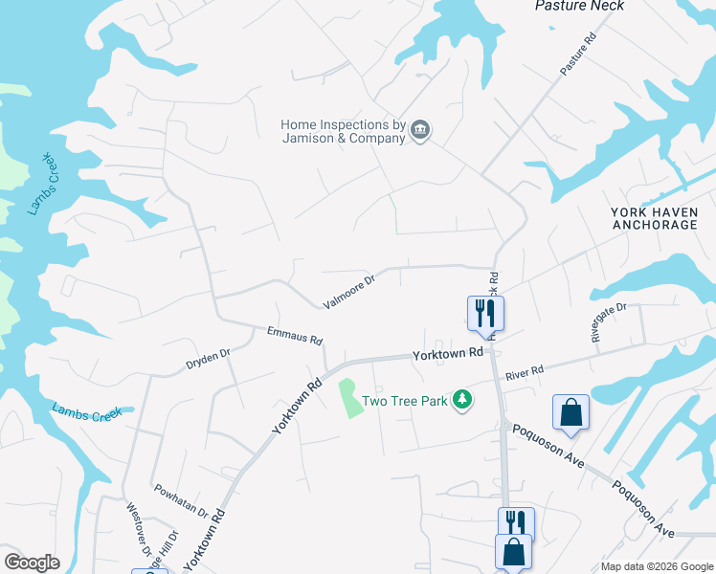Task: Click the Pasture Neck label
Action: coord(579,6)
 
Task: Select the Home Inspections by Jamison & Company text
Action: coord(343,131)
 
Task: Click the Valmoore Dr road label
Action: coord(348,290)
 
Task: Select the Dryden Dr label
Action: coord(209,359)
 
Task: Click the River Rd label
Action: coord(525,370)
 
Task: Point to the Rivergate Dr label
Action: coord(608,322)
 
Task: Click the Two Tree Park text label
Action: coord(405,401)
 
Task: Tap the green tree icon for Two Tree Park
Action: coord(462,400)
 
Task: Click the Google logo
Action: coord(32,563)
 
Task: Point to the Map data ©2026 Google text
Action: coord(656,566)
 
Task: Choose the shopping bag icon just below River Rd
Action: coord(571,412)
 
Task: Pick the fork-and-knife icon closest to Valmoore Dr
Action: coord(485,312)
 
